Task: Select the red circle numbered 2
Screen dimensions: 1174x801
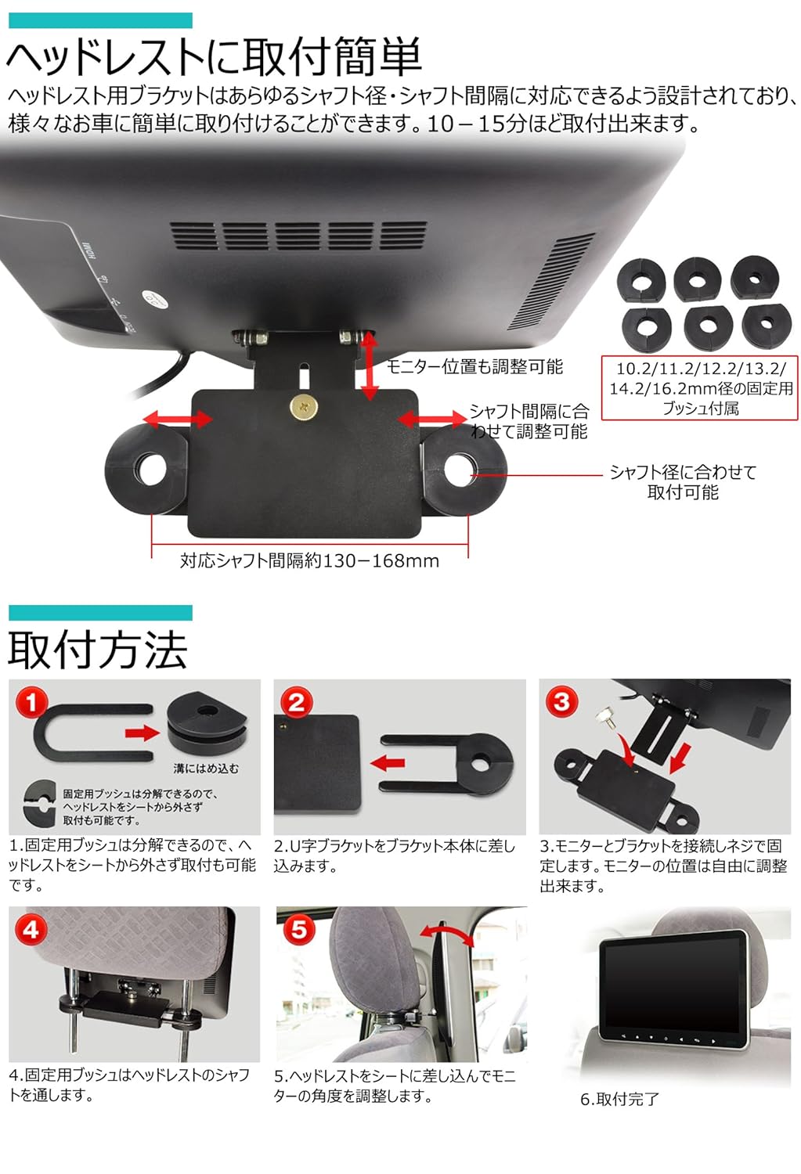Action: point(296,702)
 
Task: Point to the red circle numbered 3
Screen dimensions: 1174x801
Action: point(561,700)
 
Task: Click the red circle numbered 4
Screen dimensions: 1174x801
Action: point(31,929)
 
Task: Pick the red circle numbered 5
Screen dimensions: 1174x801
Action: point(298,929)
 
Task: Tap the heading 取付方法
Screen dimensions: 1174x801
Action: point(98,650)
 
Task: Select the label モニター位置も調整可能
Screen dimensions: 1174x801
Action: point(474,366)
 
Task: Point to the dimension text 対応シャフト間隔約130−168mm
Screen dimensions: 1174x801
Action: point(309,560)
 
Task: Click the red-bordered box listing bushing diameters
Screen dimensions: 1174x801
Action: point(700,388)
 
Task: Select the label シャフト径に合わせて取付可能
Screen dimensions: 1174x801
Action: point(683,482)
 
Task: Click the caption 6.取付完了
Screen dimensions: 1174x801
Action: point(619,1099)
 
